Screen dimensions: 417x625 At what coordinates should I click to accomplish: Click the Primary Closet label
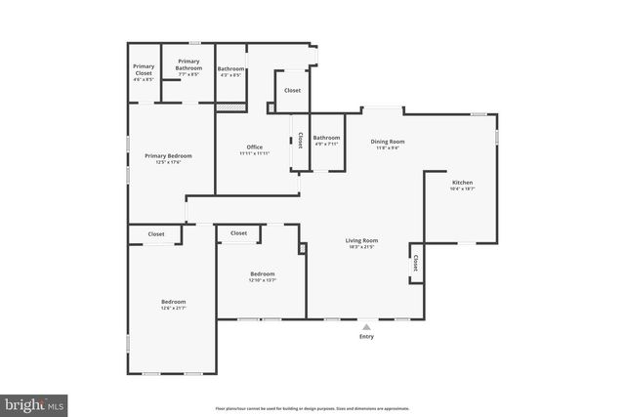coord(144,69)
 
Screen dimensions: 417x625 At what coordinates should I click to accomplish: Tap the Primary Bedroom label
coord(168,155)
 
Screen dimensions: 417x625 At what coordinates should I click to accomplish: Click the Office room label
coord(254,147)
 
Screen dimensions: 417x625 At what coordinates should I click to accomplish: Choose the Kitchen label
coord(462,183)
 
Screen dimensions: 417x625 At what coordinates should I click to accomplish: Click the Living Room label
coord(361,240)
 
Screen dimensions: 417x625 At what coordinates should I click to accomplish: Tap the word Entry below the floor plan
coord(366,337)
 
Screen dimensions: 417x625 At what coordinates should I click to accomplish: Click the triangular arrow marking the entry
coord(366,326)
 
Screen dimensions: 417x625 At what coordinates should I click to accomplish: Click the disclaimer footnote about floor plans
coord(312,408)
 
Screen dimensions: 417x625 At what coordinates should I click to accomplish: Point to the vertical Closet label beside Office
coord(300,141)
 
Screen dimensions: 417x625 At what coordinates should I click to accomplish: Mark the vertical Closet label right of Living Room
coord(416,263)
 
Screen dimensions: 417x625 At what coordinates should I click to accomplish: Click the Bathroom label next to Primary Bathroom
coord(230,68)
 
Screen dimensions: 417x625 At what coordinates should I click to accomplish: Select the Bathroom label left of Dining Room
coord(326,138)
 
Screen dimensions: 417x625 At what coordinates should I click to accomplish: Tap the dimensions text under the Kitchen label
coord(462,189)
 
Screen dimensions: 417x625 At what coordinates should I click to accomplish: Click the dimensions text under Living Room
coord(361,247)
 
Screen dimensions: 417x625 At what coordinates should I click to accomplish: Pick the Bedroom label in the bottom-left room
coord(173,302)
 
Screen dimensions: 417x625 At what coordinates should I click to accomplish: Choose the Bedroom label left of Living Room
coord(262,273)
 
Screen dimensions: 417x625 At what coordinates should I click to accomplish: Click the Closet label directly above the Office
coord(292,90)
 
